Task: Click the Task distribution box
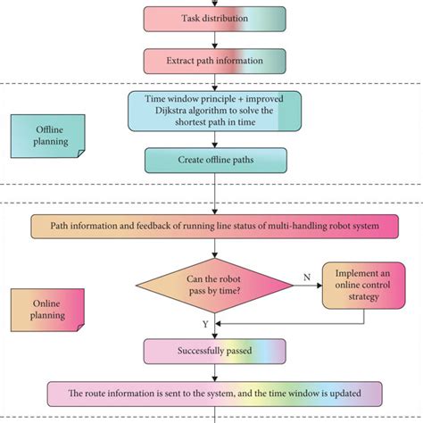pyautogui.click(x=215, y=19)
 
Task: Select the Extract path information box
pyautogui.click(x=215, y=60)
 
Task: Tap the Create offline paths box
pyautogui.click(x=215, y=160)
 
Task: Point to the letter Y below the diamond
pyautogui.click(x=206, y=324)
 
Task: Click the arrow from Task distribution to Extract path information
pyautogui.click(x=215, y=39)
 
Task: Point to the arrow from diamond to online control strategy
pyautogui.click(x=308, y=286)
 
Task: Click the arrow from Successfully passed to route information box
pyautogui.click(x=215, y=372)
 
